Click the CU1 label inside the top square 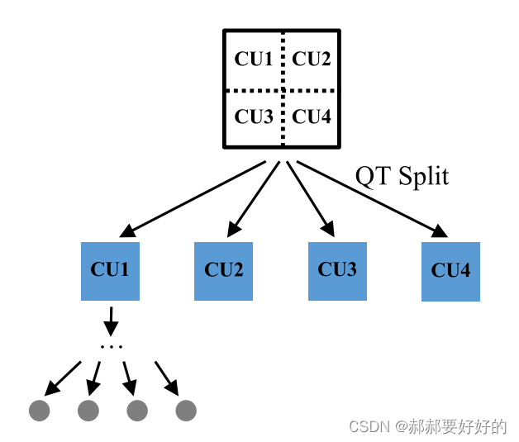[x=254, y=59]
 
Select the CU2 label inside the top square [x=312, y=59]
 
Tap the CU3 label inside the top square [x=254, y=116]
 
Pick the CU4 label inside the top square [x=312, y=116]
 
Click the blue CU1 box [x=110, y=271]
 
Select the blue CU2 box [x=224, y=271]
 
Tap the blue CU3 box [x=337, y=271]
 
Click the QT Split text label [x=402, y=175]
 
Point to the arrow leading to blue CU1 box [x=197, y=197]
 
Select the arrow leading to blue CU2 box [x=253, y=197]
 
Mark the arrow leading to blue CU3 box [x=310, y=197]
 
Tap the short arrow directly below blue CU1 [x=111, y=320]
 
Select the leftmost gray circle [x=39, y=410]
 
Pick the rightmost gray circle [x=186, y=410]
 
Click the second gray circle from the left [x=88, y=410]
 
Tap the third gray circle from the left [x=137, y=410]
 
